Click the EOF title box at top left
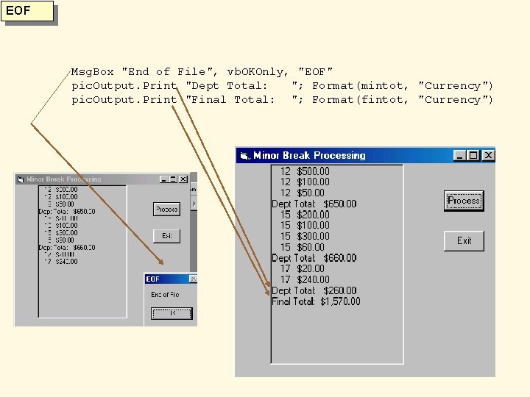(29, 12)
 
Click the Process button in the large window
(464, 201)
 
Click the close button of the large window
(488, 155)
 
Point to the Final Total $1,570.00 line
(316, 301)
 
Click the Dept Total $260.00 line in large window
(314, 290)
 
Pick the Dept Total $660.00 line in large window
(314, 258)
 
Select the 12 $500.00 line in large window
(304, 171)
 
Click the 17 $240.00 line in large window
(304, 279)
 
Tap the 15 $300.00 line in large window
(304, 236)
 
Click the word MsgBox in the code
(93, 72)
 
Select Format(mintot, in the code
(361, 86)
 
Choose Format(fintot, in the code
(361, 100)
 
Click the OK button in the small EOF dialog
(172, 313)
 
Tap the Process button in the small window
(167, 210)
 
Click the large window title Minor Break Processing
(309, 155)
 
